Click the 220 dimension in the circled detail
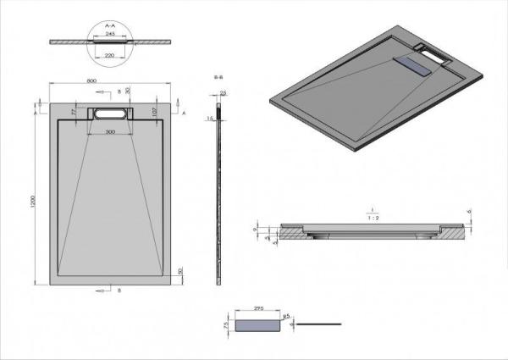(x=110, y=54)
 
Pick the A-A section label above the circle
(x=110, y=26)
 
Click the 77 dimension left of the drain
(x=75, y=111)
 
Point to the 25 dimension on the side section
(x=224, y=93)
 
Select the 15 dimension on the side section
(x=210, y=119)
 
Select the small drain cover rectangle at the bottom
(x=257, y=324)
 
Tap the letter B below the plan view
(x=118, y=290)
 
